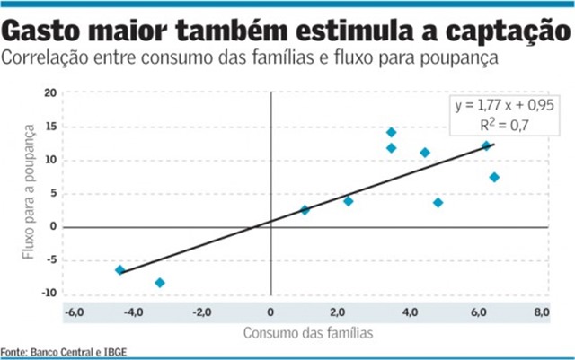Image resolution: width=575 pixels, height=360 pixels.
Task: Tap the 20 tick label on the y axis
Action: [x=50, y=93]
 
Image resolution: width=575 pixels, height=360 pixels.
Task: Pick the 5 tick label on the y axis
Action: [x=53, y=194]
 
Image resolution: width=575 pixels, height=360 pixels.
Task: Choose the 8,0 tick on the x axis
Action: [x=542, y=312]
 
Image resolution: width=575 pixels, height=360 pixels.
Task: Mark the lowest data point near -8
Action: [x=160, y=283]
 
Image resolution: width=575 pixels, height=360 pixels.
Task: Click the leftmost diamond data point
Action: [x=119, y=269]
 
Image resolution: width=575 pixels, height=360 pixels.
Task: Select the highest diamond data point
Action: [x=391, y=132]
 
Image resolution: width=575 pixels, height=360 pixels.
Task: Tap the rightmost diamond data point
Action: [x=494, y=177]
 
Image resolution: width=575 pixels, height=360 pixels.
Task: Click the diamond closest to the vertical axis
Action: [x=305, y=210]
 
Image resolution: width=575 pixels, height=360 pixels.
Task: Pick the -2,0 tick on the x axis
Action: [x=203, y=312]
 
